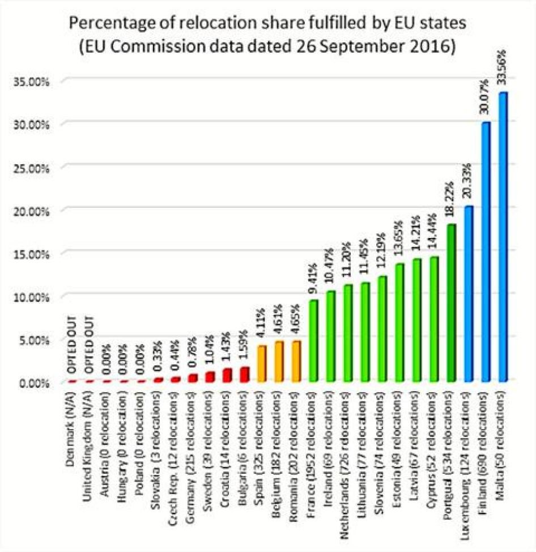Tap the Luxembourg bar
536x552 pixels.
468,294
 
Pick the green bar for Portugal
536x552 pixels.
451,303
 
